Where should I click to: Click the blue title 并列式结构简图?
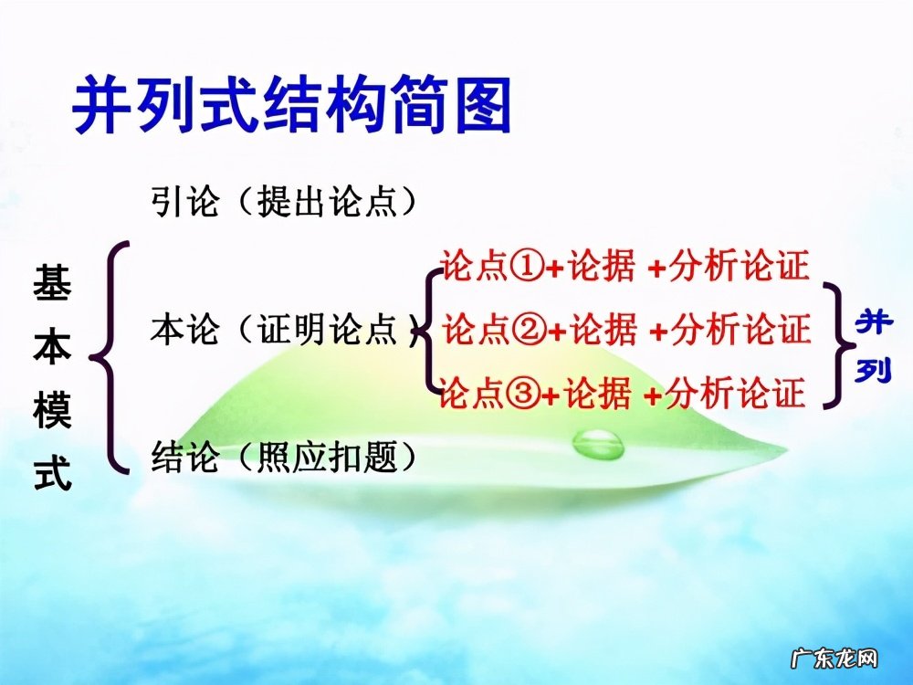291,109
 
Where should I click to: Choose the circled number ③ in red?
524,394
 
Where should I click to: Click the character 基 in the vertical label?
52,284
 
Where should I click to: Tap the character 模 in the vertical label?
52,412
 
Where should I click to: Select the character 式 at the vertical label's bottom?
52,476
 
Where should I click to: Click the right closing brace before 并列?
834,342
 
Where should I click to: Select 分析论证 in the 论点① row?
739,267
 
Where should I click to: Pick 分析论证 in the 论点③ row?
736,394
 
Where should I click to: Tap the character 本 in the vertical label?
52,348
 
